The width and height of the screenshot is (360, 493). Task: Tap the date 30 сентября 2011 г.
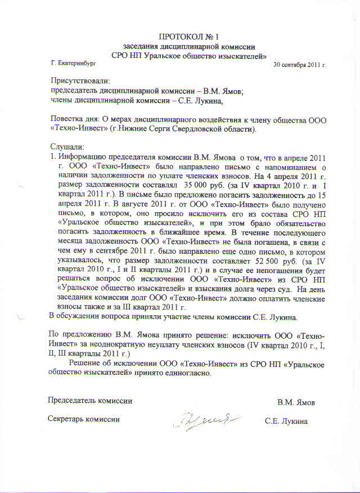299,65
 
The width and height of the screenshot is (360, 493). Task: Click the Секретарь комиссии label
84,420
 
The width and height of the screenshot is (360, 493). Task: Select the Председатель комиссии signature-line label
90,401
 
